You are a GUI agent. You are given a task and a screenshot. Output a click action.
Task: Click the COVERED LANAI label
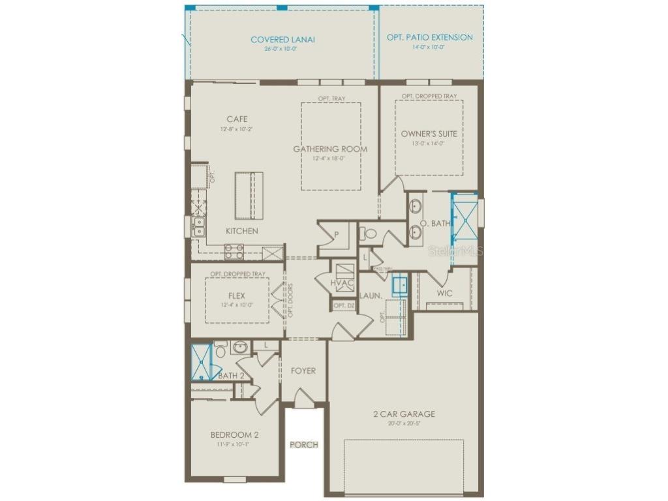coord(282,40)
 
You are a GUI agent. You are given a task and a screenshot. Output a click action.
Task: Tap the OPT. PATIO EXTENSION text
coord(429,37)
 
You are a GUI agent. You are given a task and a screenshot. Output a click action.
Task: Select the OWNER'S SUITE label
coord(429,134)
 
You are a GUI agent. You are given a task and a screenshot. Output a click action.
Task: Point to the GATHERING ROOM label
coord(329,149)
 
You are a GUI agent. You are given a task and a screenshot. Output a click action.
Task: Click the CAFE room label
coord(236,119)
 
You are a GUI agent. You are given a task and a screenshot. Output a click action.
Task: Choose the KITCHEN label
coord(241,231)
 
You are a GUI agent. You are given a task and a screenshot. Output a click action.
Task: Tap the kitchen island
coord(249,195)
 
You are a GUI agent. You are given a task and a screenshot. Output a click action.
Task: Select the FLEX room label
coord(237,296)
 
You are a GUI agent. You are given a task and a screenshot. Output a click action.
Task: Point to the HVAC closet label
coord(341,282)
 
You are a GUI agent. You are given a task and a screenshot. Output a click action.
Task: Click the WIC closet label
coord(444,294)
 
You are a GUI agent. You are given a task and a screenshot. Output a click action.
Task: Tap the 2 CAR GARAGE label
coord(404,414)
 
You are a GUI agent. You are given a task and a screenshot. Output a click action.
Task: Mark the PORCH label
coord(304,445)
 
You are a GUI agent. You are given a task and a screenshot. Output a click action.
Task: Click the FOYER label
coord(303,371)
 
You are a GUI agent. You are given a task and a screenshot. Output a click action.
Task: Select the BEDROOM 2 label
coord(234,435)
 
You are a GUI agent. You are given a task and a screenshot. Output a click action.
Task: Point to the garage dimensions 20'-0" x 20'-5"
coord(404,423)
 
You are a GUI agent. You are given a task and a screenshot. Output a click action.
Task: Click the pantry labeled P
coord(336,234)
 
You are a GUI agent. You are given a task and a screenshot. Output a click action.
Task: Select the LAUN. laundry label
coord(370,296)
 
